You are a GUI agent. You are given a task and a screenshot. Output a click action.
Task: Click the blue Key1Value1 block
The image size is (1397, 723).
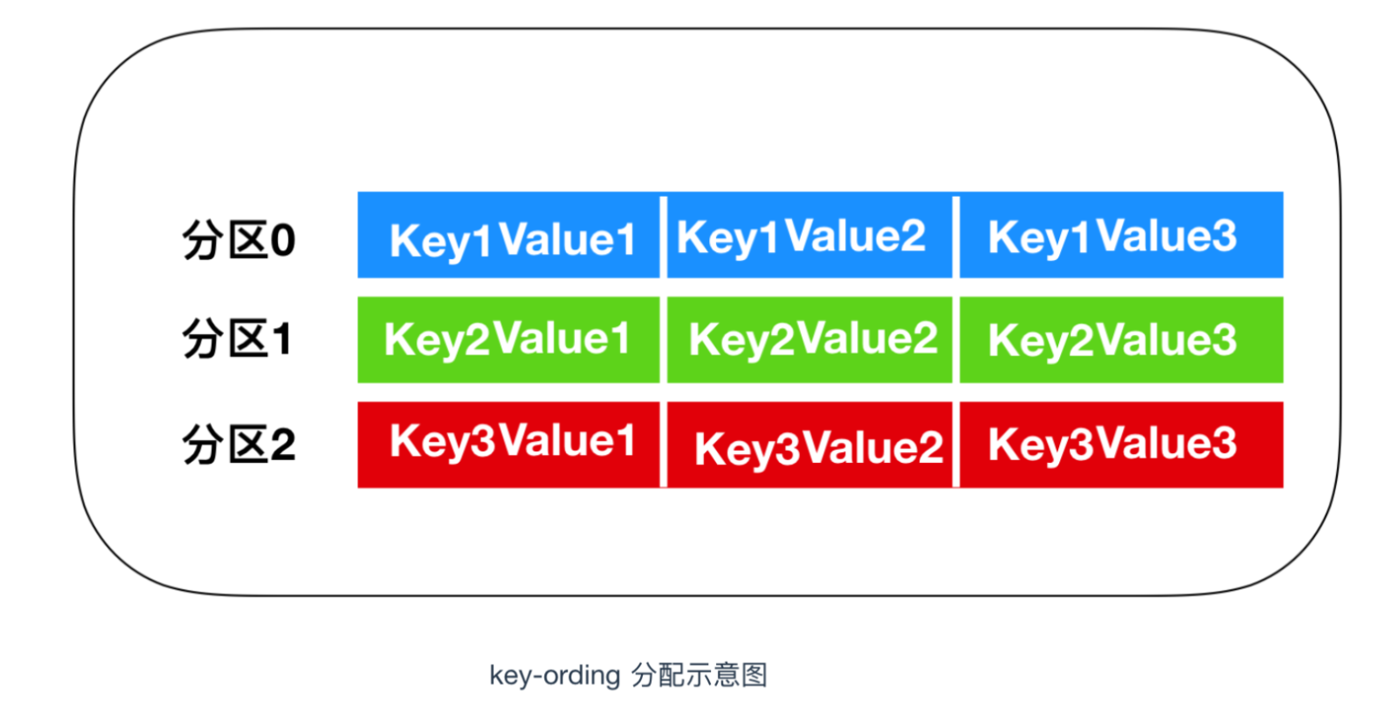[x=508, y=235]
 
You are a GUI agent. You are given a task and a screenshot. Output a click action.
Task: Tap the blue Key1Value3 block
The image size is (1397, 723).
[x=1121, y=235]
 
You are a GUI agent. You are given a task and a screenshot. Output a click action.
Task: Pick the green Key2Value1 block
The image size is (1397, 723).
[x=508, y=339]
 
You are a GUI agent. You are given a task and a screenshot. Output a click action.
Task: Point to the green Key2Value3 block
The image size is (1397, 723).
[x=1121, y=339]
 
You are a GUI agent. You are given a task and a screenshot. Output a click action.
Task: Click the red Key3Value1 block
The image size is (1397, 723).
[x=508, y=444]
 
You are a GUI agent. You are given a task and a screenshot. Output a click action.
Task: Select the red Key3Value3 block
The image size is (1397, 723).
[x=1121, y=444]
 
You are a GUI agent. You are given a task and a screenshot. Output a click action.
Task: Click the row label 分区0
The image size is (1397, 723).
[x=239, y=240]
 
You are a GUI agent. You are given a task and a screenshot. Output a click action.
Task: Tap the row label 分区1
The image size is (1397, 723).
[x=237, y=339]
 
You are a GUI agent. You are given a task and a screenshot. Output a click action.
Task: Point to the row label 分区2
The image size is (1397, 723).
[x=239, y=444]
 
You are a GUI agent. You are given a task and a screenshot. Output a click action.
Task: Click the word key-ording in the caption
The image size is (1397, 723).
[x=555, y=675]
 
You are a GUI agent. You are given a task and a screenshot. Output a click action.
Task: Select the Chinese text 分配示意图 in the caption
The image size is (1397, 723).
[x=699, y=675]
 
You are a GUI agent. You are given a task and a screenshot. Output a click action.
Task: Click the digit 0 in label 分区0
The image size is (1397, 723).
[x=282, y=241]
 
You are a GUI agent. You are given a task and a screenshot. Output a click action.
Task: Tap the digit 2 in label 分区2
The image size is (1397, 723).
[x=283, y=444]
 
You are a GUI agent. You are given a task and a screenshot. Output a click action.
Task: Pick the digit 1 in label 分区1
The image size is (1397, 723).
[x=282, y=339]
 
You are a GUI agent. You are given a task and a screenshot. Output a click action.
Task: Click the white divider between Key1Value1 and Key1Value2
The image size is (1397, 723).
[x=663, y=237]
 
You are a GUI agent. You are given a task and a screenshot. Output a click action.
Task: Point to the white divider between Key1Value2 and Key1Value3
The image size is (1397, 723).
[x=956, y=237]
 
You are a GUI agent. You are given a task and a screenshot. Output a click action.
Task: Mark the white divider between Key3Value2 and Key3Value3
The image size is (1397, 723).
[x=956, y=444]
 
